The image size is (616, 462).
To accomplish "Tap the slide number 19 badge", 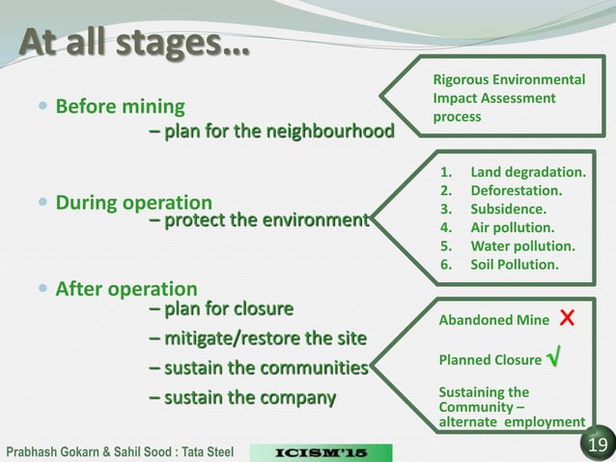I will point(595,444).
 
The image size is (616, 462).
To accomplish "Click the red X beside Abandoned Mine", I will point(568,319).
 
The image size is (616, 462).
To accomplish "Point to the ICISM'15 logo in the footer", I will point(321,451).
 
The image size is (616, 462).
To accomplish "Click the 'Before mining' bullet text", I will point(121,105).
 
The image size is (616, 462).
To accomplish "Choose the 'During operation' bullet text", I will point(133,203).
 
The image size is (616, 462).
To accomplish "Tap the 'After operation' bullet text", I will point(126,288).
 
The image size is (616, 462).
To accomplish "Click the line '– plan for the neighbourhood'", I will point(271,130).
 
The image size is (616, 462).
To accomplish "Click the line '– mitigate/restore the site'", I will point(258,338).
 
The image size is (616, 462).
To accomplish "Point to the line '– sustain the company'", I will point(242,397).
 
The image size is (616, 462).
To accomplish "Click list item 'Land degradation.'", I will point(527,173).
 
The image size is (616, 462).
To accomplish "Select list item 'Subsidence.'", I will point(508,209).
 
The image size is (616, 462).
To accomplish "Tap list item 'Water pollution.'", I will point(522,245).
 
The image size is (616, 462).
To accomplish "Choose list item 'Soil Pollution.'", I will point(514,264).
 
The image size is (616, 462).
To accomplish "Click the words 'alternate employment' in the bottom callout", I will point(512,421).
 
